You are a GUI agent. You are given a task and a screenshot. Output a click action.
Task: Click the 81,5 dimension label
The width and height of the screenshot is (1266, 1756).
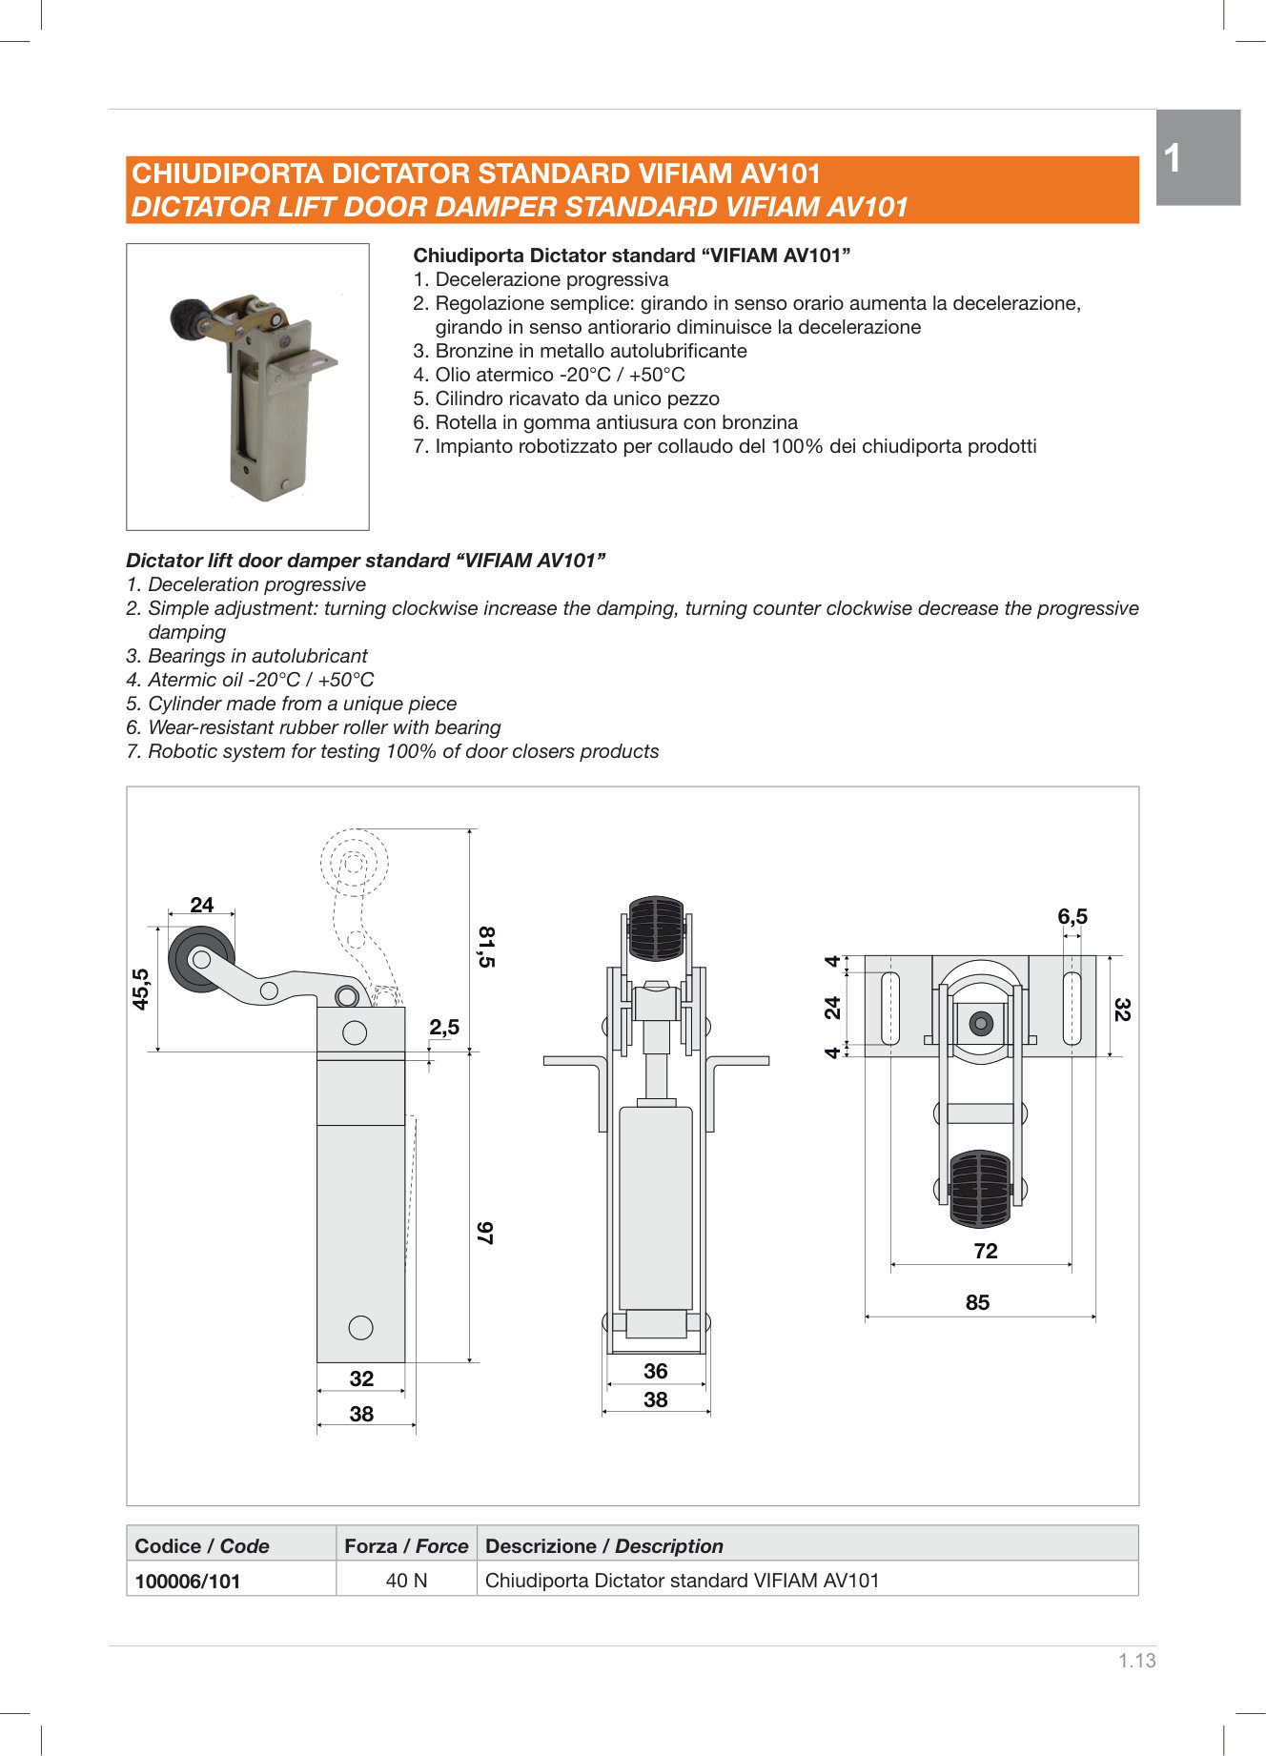pos(486,947)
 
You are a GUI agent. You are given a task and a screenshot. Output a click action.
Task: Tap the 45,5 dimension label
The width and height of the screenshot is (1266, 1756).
pos(141,989)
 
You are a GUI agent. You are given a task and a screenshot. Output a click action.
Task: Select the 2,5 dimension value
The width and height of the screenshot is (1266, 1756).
pos(443,1027)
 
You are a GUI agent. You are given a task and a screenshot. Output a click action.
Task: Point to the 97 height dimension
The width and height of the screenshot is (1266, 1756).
pos(485,1233)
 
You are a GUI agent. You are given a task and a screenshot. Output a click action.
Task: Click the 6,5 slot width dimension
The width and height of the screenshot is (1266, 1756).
pos(1072,916)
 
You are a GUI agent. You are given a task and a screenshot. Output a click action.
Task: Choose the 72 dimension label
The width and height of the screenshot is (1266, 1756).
pos(986,1251)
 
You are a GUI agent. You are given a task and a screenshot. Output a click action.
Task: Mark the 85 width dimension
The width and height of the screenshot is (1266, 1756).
pos(977,1302)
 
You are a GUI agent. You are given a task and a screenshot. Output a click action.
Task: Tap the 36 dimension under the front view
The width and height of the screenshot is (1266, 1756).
pos(655,1371)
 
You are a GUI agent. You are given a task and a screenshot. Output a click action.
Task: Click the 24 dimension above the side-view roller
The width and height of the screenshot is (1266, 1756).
pos(201,905)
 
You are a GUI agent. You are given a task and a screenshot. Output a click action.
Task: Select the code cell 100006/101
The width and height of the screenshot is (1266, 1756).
pos(188,1581)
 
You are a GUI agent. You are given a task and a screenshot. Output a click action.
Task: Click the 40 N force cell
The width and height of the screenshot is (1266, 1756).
pos(406,1580)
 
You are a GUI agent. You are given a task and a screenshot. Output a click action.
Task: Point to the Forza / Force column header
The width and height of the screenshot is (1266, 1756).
pos(406,1545)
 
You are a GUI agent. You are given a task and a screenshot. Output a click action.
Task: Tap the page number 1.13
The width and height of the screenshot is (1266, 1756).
pos(1136,1660)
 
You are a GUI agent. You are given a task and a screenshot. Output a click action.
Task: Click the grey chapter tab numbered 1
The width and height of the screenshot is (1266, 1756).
pos(1197,157)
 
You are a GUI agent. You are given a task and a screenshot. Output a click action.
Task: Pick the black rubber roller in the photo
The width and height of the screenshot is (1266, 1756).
pos(191,319)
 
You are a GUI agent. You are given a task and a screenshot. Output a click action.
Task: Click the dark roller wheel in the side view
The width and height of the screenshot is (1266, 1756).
pos(200,959)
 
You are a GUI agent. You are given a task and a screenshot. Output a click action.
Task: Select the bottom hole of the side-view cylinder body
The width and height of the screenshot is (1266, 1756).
pos(360,1327)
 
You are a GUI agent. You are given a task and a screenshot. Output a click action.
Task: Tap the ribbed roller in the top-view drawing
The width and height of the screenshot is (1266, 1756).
pos(980,1189)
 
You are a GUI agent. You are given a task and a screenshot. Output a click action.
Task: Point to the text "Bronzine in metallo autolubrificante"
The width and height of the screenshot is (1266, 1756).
pos(590,351)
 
